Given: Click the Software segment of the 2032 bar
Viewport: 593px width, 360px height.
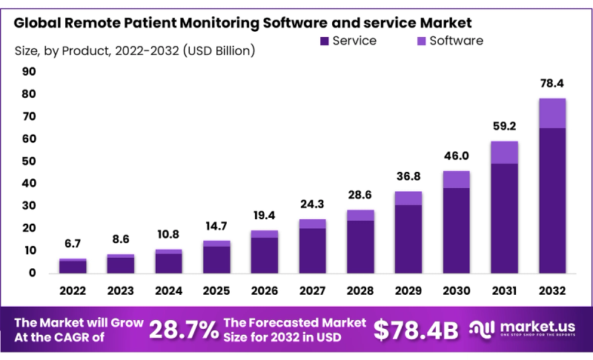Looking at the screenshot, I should (552, 113).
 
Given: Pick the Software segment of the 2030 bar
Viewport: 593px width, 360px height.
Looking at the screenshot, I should (457, 179).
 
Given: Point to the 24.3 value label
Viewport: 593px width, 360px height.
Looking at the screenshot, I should (312, 204).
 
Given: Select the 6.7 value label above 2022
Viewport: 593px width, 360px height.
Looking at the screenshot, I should (73, 244).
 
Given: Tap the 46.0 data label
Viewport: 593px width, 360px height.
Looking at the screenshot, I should (457, 156).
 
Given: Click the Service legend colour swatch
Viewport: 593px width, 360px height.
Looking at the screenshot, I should (324, 41).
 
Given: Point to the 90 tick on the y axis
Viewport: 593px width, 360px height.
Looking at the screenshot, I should (29, 72).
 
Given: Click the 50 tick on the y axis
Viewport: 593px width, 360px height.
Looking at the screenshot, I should (29, 161).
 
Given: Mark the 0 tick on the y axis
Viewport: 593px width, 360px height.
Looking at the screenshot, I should (33, 273).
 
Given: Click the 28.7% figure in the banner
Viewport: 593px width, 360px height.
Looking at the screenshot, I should (183, 330).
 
